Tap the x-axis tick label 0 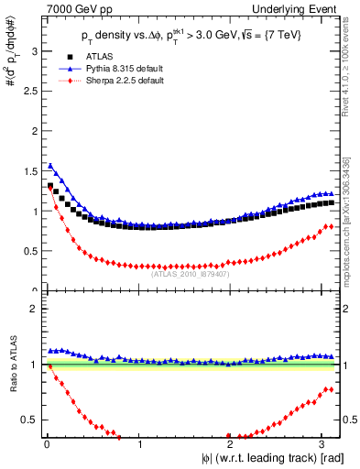click(x=47, y=444)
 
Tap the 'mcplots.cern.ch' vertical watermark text click(x=349, y=221)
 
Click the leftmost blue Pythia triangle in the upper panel click(x=49, y=166)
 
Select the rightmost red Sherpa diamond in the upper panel click(x=331, y=225)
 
